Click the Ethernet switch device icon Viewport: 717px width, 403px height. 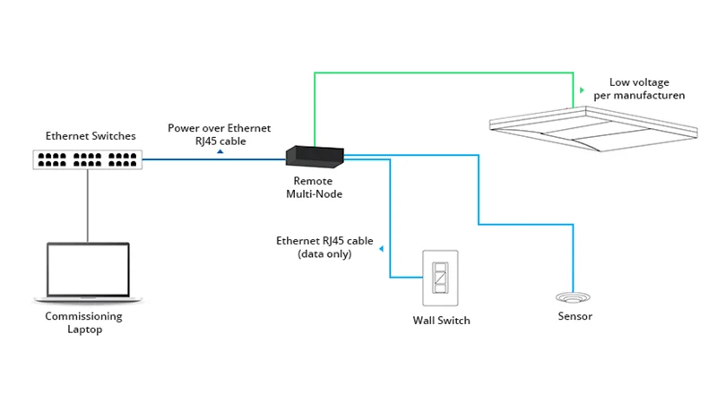[x=88, y=159]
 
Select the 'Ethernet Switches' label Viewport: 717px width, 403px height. [x=91, y=136]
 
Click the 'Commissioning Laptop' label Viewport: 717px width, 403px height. [x=83, y=322]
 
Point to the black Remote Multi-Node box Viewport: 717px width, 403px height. [x=315, y=156]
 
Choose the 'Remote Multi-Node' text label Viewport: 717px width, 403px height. [x=314, y=186]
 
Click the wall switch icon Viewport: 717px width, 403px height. [x=441, y=279]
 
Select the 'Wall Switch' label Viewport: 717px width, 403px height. [x=441, y=320]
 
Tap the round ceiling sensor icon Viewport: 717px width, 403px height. [x=572, y=297]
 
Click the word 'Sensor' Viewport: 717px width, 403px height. [x=574, y=316]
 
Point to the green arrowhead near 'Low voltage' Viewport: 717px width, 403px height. [x=583, y=90]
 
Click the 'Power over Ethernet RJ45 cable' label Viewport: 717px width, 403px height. [x=219, y=134]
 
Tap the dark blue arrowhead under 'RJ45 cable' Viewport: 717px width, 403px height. [x=220, y=152]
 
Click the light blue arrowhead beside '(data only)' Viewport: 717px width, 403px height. [x=382, y=248]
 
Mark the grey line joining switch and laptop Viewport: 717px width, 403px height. [x=88, y=206]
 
